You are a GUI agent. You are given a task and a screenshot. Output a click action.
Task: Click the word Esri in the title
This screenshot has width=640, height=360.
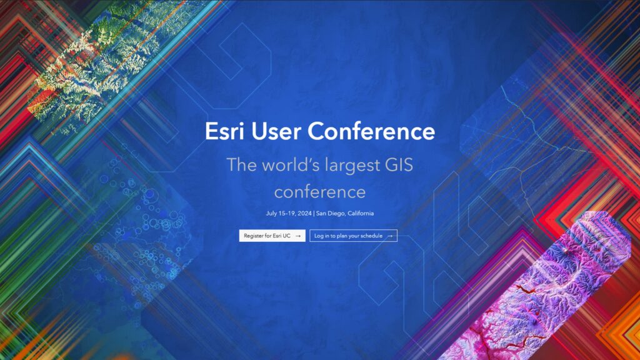(x=222, y=131)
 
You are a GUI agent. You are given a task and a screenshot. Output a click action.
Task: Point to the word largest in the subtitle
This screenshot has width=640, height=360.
(x=347, y=166)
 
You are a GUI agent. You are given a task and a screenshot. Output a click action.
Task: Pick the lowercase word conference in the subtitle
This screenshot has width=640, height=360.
(x=319, y=191)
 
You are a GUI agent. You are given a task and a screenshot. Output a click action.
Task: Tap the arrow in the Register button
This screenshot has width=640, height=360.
(x=298, y=236)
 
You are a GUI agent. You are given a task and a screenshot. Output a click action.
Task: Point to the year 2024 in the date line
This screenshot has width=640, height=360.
(x=304, y=213)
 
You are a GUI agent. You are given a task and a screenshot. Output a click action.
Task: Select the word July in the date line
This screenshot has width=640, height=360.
(x=271, y=213)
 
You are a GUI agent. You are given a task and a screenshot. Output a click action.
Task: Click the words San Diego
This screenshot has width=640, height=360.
(x=329, y=213)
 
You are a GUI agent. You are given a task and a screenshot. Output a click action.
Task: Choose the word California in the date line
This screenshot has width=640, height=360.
(x=359, y=213)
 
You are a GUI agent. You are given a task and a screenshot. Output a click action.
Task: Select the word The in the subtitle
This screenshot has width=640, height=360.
(x=238, y=165)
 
